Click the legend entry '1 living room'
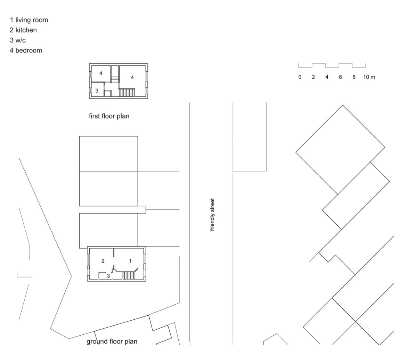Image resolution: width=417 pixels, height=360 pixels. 29,20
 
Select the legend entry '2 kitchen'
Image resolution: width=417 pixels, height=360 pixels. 23,30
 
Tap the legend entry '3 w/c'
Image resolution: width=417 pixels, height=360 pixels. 18,40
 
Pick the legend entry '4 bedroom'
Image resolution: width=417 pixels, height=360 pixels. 26,50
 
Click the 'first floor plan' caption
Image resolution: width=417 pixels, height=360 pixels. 109,116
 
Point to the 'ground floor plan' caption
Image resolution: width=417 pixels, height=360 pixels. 112,342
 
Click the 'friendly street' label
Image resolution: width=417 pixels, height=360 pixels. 212,215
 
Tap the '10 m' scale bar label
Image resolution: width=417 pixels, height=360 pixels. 369,77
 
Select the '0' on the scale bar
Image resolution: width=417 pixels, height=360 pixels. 300,77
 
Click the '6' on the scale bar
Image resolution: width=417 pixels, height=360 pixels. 340,77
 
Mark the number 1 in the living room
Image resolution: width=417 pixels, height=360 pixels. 130,261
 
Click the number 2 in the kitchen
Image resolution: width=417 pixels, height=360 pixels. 103,261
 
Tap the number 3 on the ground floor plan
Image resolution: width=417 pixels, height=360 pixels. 108,276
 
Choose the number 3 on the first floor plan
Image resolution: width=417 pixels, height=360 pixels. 97,91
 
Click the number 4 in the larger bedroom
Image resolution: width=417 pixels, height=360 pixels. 132,77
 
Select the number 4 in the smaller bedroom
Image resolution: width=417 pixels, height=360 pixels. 101,73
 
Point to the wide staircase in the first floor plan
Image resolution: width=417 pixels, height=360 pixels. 126,93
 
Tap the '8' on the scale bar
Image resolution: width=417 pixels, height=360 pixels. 354,77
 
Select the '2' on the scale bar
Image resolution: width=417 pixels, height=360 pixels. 313,77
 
